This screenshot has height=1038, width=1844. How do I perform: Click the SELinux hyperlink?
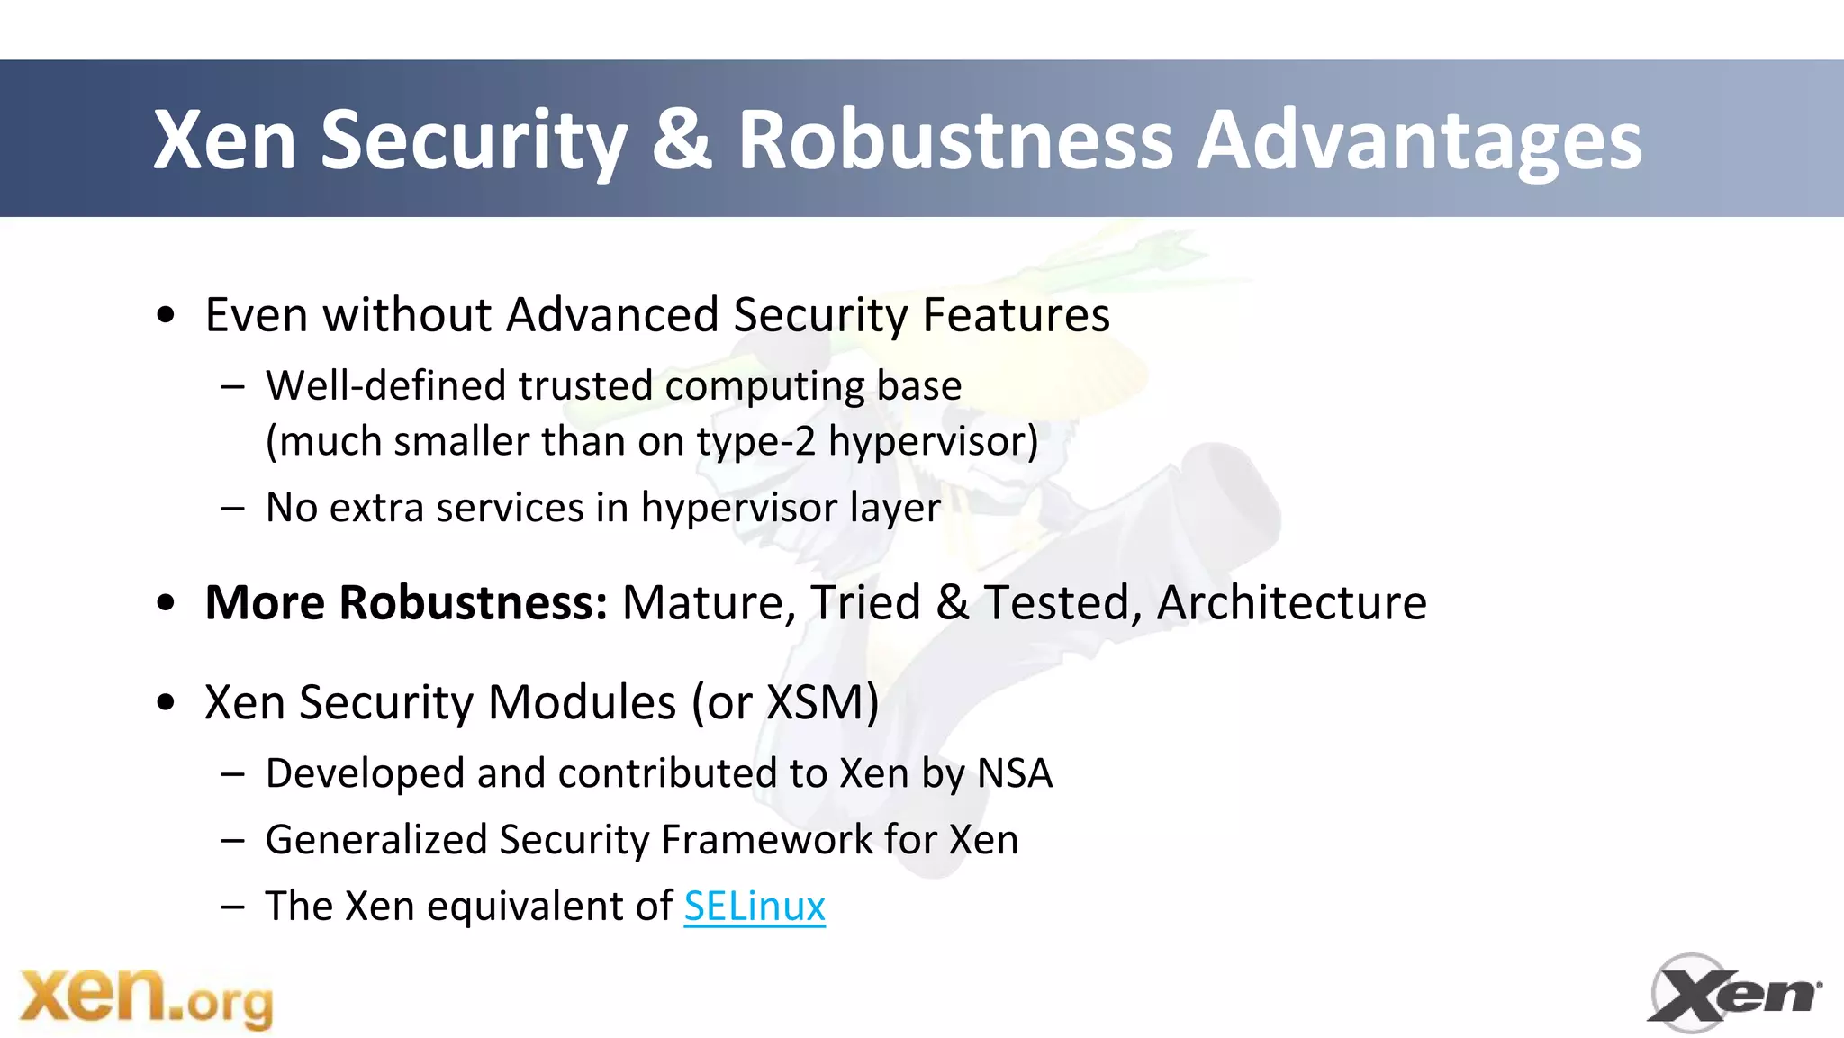click(754, 906)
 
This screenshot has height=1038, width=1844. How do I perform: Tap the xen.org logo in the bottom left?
click(146, 997)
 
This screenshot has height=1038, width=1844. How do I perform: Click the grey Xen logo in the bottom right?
click(1734, 994)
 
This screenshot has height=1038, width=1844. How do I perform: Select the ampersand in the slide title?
click(682, 140)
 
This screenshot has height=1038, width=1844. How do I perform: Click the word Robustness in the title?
click(955, 140)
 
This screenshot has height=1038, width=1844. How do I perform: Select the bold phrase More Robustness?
click(406, 602)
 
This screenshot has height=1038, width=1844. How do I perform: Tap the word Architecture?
click(1292, 602)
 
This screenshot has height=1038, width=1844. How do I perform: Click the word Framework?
click(766, 840)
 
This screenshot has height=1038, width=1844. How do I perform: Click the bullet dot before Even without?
click(165, 316)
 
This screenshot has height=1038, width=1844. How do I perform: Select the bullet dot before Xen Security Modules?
click(165, 703)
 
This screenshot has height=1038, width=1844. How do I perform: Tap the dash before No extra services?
click(232, 509)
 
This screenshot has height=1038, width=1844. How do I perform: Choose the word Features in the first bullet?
click(1016, 315)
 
